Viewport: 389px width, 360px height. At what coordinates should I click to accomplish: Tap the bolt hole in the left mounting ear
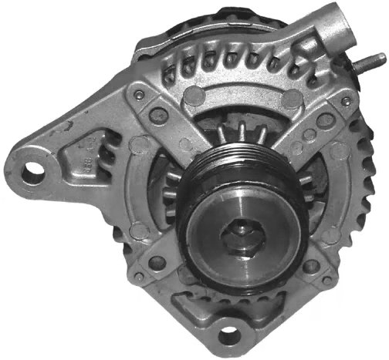point(32,171)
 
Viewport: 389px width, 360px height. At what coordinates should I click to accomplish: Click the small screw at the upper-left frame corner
point(138,95)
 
